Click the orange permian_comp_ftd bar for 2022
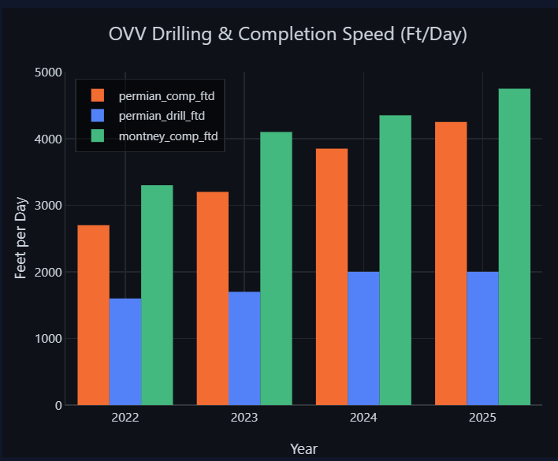coord(94,314)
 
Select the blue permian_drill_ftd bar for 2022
coord(125,351)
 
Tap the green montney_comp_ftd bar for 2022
coord(157,295)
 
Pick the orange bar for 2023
coord(213,298)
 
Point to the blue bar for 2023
coord(244,348)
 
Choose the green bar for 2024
coord(396,260)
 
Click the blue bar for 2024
coord(363,338)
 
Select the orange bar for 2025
coord(451,263)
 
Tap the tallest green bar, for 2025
coord(514,247)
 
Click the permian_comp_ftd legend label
coord(166,96)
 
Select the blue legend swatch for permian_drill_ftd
coord(98,116)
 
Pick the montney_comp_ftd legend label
coord(169,136)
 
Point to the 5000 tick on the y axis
coord(48,72)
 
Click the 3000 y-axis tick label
coord(48,206)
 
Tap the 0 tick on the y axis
coord(59,406)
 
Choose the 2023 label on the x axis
coord(244,417)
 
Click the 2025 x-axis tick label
coord(482,417)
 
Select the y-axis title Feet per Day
coord(20,238)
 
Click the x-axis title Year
coord(303,449)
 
